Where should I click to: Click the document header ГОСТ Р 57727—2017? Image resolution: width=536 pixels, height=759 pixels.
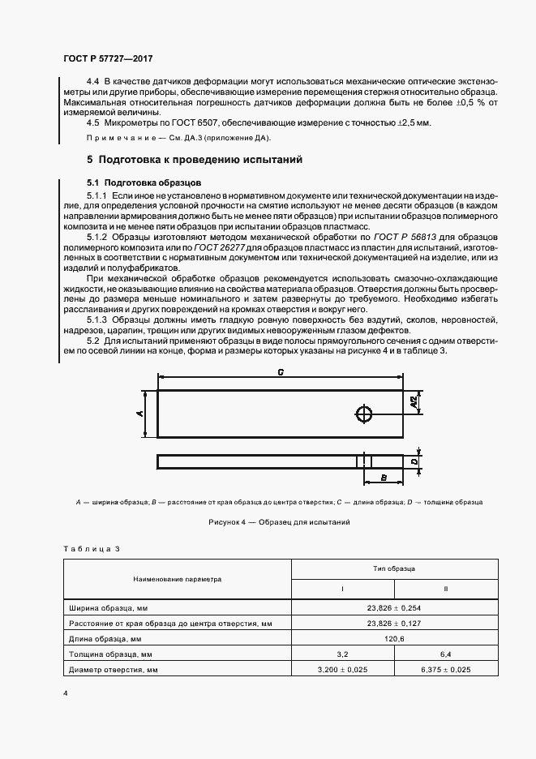[108, 59]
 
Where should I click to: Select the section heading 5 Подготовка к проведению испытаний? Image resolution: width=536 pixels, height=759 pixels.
[195, 160]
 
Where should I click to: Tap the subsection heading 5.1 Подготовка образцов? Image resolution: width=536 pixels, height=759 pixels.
[137, 182]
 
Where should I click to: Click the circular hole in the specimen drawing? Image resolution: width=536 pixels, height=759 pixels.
[364, 414]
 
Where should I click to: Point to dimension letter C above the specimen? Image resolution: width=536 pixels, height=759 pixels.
[280, 374]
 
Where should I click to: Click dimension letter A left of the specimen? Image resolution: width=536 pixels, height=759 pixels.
[140, 414]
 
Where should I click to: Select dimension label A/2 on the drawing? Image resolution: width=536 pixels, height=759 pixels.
[414, 401]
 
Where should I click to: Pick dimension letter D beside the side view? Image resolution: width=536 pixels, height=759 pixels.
[414, 461]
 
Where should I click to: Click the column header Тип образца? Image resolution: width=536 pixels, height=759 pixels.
[393, 570]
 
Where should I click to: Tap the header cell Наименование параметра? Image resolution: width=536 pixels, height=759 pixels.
[178, 581]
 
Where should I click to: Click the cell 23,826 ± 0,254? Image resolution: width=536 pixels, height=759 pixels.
[393, 607]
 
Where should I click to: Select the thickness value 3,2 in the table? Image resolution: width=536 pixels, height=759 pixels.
[342, 654]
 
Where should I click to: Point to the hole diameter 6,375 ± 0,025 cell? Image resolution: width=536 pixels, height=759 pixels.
[444, 670]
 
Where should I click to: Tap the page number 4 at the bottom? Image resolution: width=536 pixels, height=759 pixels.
[65, 694]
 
